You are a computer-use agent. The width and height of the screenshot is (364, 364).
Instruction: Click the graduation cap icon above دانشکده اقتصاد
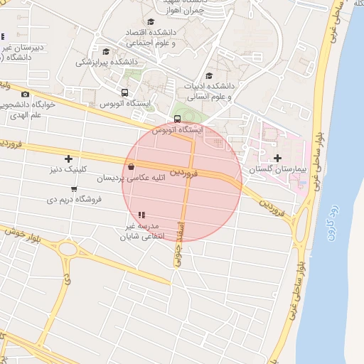click(151, 22)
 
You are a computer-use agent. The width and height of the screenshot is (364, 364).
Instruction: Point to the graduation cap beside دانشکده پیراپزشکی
click(107, 51)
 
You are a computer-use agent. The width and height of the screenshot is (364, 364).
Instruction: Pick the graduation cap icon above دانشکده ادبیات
click(208, 75)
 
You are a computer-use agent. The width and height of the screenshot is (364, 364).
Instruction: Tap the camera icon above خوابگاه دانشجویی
click(26, 94)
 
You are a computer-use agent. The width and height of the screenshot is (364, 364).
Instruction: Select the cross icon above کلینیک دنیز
click(68, 159)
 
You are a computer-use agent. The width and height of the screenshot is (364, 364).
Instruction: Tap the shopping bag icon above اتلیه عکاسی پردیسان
click(131, 167)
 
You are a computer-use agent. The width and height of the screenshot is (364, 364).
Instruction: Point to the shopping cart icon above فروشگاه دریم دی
click(74, 188)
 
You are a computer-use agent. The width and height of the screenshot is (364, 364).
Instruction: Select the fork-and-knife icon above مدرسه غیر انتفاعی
click(141, 214)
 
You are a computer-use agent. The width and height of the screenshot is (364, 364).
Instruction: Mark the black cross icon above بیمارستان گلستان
click(277, 156)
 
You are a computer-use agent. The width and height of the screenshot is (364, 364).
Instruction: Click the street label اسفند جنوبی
click(178, 252)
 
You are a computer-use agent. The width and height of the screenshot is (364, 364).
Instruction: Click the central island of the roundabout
click(68, 250)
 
